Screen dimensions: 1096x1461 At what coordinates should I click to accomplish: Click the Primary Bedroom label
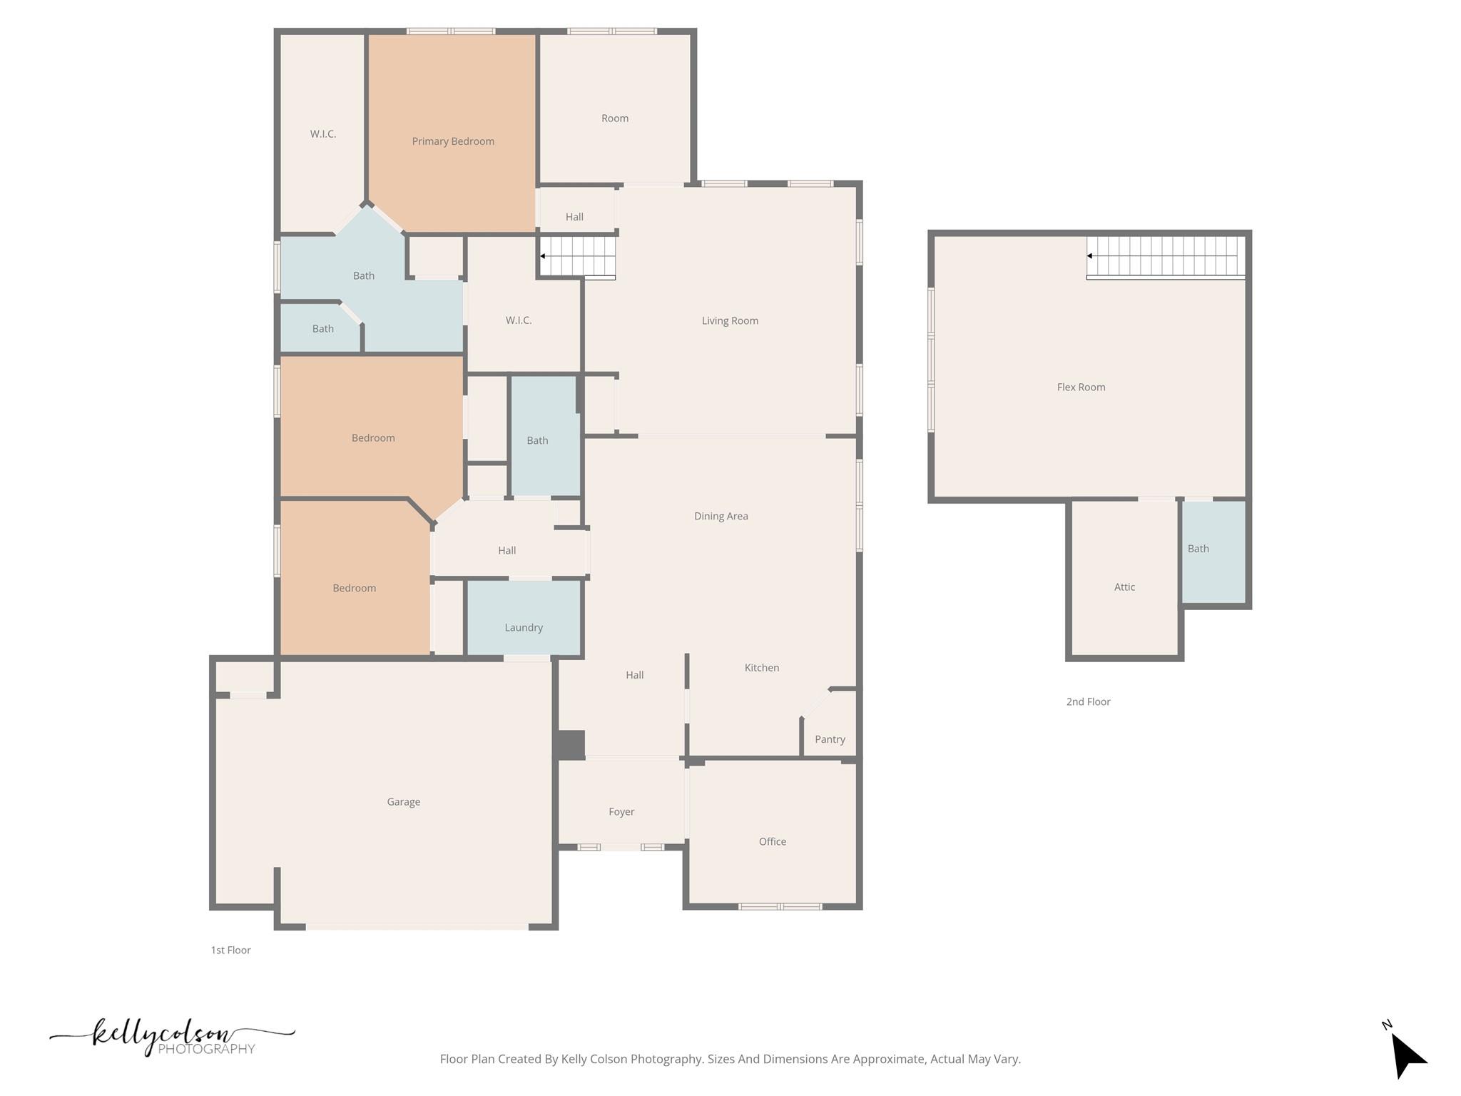pos(453,141)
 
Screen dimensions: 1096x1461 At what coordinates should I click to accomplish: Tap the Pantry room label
pos(830,739)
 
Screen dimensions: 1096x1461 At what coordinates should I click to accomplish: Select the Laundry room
pos(524,626)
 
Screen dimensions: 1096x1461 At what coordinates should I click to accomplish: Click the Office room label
pos(773,841)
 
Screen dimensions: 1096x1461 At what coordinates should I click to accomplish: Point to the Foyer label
pos(621,811)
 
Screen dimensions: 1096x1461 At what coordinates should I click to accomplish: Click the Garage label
pos(403,801)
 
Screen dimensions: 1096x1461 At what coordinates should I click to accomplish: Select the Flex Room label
pos(1081,387)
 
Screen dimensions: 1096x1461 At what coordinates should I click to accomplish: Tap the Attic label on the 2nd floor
pos(1124,587)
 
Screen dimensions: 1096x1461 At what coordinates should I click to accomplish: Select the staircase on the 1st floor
pos(578,256)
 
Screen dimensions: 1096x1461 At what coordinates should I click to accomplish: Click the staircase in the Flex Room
pos(1165,256)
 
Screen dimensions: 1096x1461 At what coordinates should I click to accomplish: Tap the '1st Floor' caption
pos(230,950)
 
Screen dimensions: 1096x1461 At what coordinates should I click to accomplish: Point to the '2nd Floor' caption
pos(1088,701)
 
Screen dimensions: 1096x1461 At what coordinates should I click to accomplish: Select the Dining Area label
pos(721,516)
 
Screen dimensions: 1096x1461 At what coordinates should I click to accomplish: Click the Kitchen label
pos(761,667)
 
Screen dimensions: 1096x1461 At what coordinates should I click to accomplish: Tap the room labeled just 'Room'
pos(614,118)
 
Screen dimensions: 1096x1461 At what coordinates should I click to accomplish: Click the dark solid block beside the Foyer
pos(570,745)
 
